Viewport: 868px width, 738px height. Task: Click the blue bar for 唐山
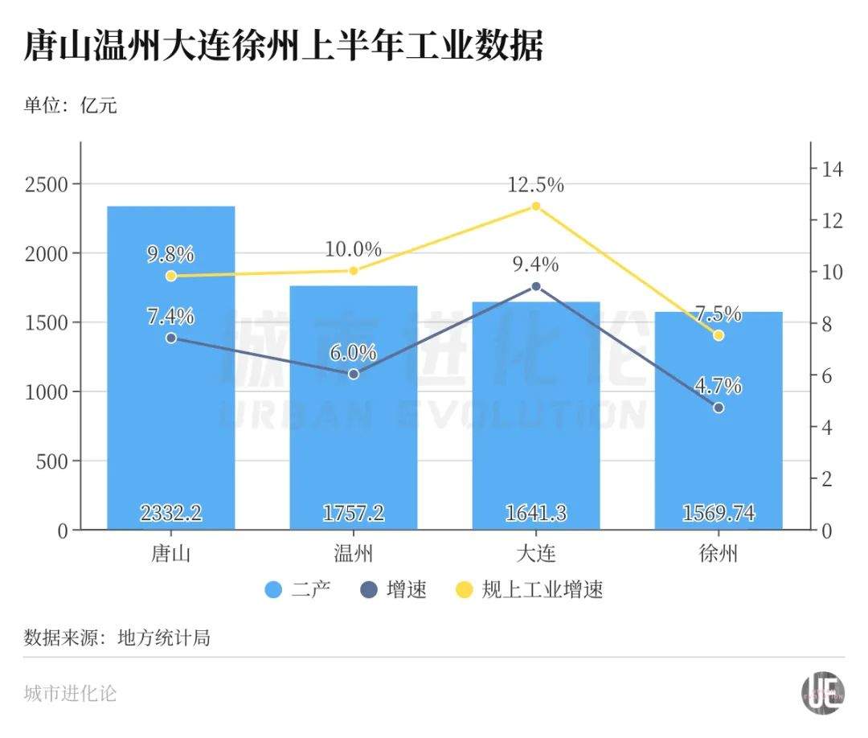[171, 418]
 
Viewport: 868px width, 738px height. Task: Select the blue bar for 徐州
[719, 450]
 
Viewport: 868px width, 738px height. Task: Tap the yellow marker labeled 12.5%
[536, 207]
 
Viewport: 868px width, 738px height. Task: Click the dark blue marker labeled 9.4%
[536, 286]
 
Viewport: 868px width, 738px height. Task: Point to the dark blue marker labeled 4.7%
[719, 408]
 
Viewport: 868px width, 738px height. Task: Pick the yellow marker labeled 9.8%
[171, 276]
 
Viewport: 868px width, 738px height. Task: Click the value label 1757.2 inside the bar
[354, 513]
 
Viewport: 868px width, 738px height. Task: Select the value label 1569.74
[719, 513]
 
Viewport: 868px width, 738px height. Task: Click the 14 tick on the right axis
[830, 169]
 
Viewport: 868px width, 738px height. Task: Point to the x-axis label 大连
[536, 554]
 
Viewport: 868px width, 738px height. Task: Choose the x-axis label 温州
[354, 554]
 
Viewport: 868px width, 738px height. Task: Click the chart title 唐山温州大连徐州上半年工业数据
[284, 46]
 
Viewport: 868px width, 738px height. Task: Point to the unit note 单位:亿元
[71, 105]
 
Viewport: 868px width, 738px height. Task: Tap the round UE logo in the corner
[823, 691]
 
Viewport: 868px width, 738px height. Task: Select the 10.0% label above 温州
[354, 249]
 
